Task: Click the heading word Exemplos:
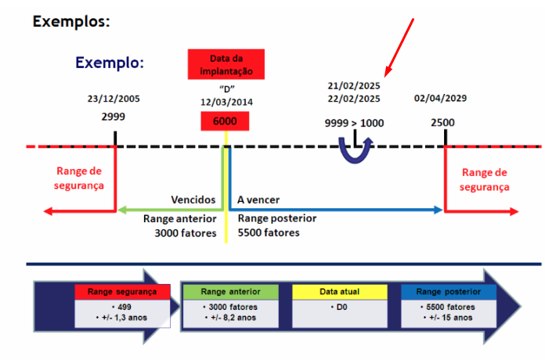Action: pos(70,21)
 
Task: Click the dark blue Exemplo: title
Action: pos(110,63)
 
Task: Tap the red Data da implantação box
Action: pos(226,64)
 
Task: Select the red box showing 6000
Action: pos(226,121)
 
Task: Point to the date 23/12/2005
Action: pos(114,99)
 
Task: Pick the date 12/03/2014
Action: pos(226,102)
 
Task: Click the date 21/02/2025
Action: pos(354,85)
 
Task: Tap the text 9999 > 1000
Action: pos(354,124)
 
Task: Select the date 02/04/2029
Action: pos(441,99)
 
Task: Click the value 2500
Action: pos(442,124)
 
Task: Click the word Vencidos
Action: pos(193,200)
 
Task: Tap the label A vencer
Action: pos(258,200)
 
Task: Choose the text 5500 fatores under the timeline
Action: pos(269,232)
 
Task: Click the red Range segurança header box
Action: pos(122,291)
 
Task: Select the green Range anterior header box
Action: pos(229,291)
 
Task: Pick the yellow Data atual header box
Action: pos(339,291)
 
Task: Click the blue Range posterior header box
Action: pos(449,291)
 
